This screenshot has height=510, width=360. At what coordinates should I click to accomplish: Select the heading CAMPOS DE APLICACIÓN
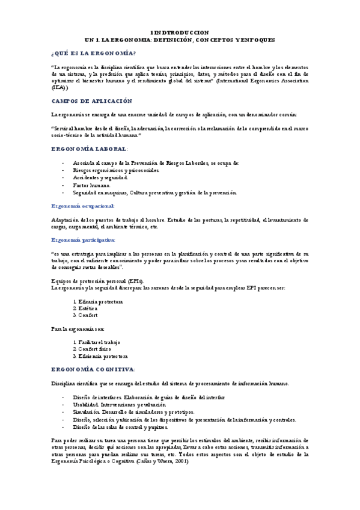click(x=91, y=101)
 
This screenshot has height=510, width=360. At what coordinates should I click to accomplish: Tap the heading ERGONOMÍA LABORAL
click(x=89, y=149)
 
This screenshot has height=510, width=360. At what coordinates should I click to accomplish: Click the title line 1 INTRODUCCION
click(x=180, y=32)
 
